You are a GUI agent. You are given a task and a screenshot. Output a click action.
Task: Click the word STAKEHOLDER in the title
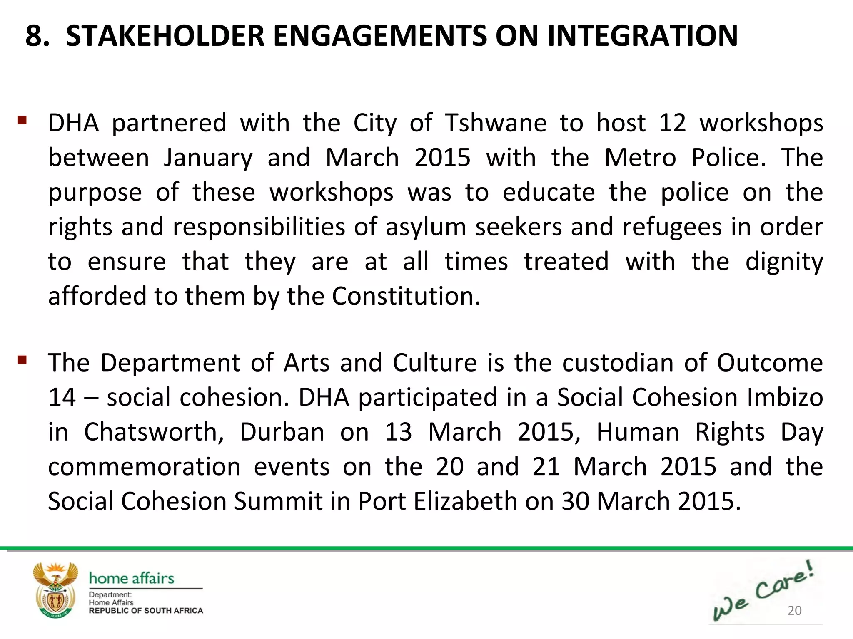[165, 36]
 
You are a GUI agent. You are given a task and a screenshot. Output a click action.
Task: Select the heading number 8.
[37, 36]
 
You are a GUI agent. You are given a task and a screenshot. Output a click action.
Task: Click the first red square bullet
[22, 121]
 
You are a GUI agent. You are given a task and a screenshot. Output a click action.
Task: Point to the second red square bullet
[22, 359]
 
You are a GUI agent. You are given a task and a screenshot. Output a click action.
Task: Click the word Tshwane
[496, 123]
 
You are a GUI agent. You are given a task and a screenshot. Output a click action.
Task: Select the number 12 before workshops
[672, 123]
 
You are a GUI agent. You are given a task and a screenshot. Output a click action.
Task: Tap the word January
[208, 158]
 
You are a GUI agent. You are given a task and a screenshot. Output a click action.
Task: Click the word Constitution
[406, 296]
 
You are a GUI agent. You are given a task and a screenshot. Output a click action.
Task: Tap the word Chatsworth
[154, 432]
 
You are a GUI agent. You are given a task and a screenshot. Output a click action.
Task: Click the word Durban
[282, 432]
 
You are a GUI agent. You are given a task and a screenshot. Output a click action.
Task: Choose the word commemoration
[144, 467]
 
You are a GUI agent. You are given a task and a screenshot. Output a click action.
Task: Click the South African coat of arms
[55, 590]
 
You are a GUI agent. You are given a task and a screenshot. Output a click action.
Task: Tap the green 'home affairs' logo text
[132, 578]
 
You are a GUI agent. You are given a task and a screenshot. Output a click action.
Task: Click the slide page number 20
[794, 610]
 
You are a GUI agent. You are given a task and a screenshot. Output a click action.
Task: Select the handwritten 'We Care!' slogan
[762, 591]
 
